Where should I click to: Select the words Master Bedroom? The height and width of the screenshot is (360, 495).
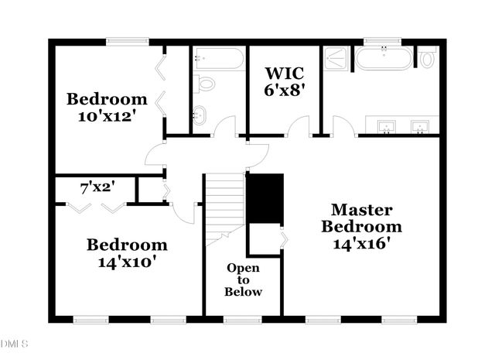pos(362,218)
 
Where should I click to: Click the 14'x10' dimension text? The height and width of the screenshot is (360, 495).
pos(126,262)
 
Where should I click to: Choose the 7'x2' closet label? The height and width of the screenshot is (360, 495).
pos(97,187)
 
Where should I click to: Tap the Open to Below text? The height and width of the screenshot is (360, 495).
pos(243,279)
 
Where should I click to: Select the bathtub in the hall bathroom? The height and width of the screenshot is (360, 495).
pos(220,59)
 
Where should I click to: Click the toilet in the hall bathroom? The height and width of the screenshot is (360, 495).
pos(206,84)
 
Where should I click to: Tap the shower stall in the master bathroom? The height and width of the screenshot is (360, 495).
pos(336,57)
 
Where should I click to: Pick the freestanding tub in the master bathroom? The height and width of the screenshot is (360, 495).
pos(384,58)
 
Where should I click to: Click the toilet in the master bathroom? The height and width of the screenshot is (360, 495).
pos(428,58)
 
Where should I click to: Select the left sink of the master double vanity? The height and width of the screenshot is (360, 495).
pos(384,125)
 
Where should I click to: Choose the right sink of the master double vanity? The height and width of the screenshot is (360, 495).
pos(420,125)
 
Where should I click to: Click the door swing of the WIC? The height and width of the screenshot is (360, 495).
pos(299,126)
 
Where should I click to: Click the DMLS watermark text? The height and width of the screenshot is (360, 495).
pos(14,343)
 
